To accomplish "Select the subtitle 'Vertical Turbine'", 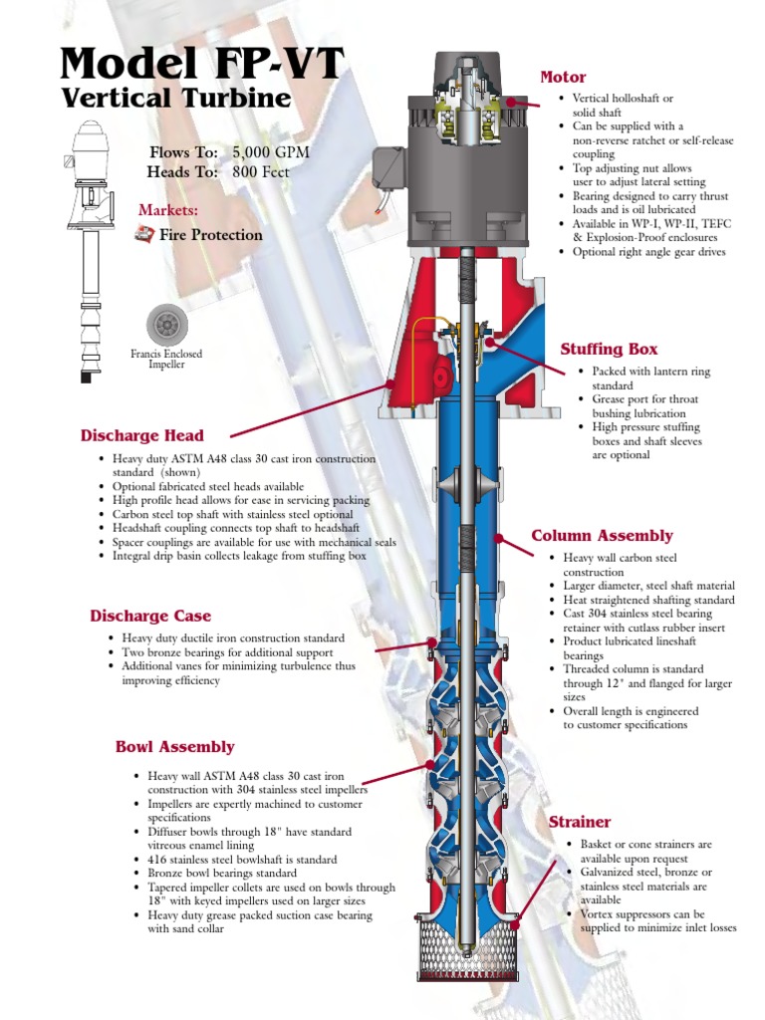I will coord(175,99).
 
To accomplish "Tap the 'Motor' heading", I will coord(563,77).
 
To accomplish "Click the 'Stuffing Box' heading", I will coord(609,349).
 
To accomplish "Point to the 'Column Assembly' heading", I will coord(602,536).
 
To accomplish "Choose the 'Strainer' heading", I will coord(580,822).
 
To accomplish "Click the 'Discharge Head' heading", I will coord(142,435).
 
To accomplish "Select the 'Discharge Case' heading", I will coord(150,616).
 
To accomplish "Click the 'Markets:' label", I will coord(168,210).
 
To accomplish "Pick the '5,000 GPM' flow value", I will coord(271,152).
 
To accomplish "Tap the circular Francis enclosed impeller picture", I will coord(166,324).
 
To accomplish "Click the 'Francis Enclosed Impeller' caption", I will coord(166,359).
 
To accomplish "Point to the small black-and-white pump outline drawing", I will coord(90,249).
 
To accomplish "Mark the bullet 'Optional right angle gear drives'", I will coord(648,252).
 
